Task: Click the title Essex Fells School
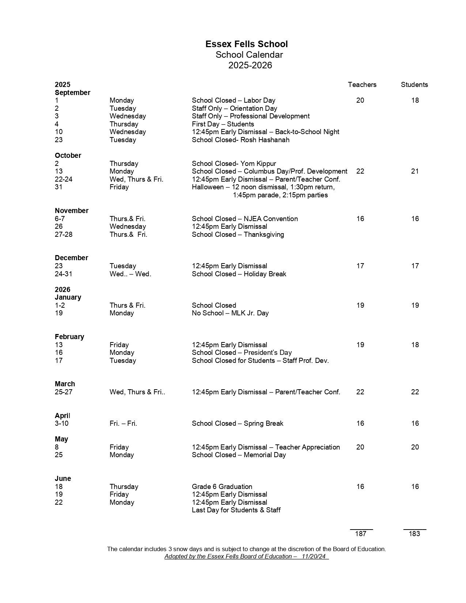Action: [246, 44]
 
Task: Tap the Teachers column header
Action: [362, 85]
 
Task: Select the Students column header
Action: [414, 85]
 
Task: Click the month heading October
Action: [68, 156]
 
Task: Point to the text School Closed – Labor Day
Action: [234, 100]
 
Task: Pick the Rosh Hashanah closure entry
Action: [240, 140]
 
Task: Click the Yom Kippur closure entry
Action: [234, 164]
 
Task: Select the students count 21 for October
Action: [414, 171]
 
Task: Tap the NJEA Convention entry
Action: [245, 219]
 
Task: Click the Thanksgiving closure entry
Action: [238, 235]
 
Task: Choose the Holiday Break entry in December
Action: [239, 274]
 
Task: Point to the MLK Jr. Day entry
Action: [230, 313]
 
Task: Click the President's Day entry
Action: [242, 353]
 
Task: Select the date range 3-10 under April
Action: [61, 424]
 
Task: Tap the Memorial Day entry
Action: [239, 455]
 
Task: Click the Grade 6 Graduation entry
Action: [222, 487]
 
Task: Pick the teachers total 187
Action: [360, 534]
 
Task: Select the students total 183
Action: [414, 534]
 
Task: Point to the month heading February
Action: [69, 337]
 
